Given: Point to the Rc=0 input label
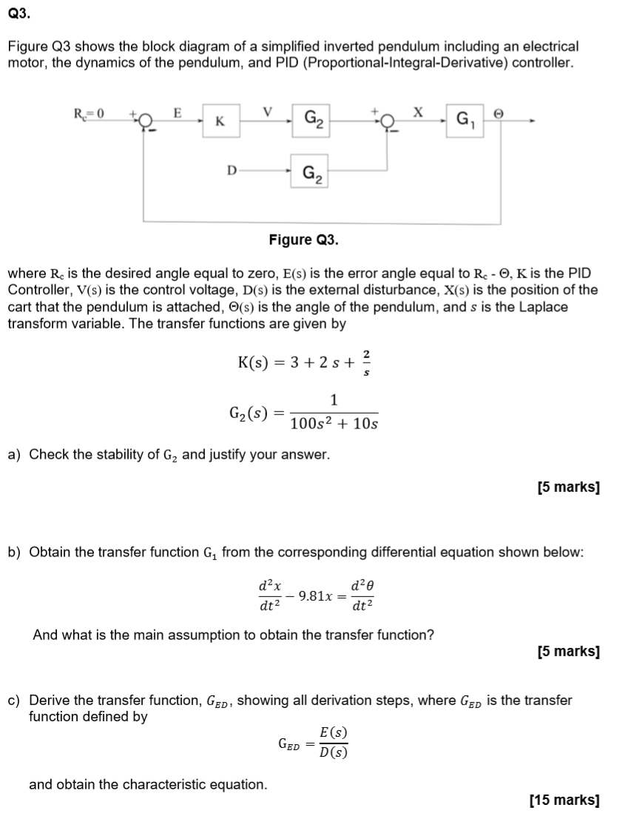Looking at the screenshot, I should [x=90, y=113].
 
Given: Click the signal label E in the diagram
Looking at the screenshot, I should [x=177, y=112].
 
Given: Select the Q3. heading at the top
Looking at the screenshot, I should [x=18, y=12].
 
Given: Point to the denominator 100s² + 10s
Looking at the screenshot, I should [x=334, y=424].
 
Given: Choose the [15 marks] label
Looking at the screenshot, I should [x=565, y=800].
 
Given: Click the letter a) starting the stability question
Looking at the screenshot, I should [x=14, y=455].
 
